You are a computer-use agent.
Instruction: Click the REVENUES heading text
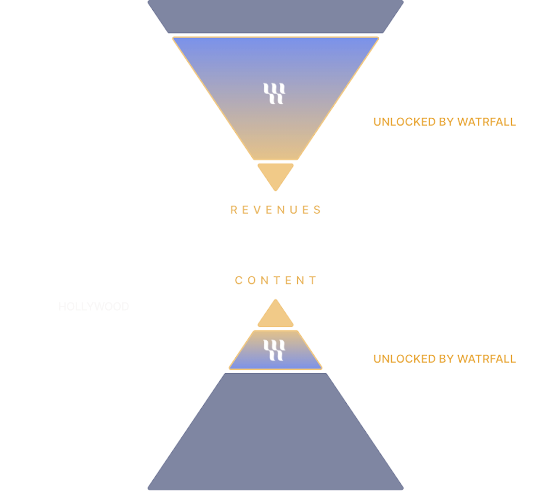(x=275, y=209)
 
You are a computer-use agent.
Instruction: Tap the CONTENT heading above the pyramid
(x=275, y=280)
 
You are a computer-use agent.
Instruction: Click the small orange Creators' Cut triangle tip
(x=275, y=174)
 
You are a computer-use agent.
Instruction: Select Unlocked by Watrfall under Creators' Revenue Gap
(x=444, y=121)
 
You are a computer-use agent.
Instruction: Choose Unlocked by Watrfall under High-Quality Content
(x=444, y=359)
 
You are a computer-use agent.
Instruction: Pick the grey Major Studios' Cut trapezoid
(x=275, y=16)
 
